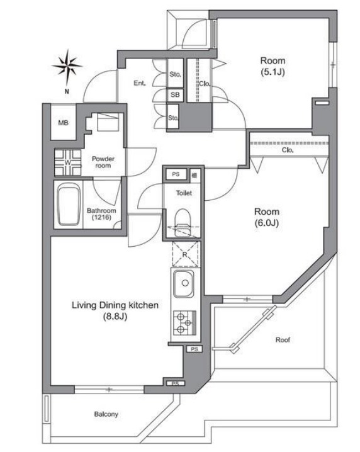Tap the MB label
coord(63,123)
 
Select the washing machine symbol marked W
coord(68,162)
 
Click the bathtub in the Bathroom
coord(69,205)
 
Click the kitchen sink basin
coord(183,284)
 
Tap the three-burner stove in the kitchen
coord(184,322)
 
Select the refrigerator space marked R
coord(185,254)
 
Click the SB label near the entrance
coord(175,95)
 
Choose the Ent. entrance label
coord(140,83)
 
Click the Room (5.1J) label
coord(273,66)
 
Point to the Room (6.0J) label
coord(267,217)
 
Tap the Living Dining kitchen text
coord(115,305)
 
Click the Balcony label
coord(106,414)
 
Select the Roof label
coord(283,340)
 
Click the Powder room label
coord(103,162)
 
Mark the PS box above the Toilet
coord(176,174)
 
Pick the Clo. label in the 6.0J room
coord(288,150)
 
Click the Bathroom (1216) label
coord(101,214)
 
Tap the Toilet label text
coord(184,193)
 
